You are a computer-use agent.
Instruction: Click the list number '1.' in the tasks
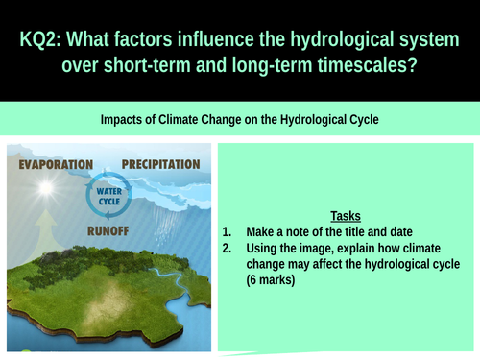click(228, 231)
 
